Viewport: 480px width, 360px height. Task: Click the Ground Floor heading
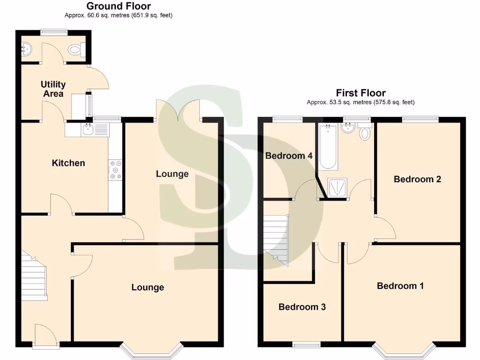(x=119, y=6)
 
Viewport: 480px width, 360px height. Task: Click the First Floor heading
(x=360, y=93)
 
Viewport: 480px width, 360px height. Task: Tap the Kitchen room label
(x=68, y=163)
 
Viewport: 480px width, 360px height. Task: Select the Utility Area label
(x=53, y=89)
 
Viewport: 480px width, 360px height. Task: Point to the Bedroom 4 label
(x=289, y=156)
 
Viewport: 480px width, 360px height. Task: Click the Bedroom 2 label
(x=417, y=179)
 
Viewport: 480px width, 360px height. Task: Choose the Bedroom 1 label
(x=400, y=285)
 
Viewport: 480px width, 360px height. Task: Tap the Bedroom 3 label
(x=302, y=307)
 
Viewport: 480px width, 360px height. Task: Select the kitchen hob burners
(x=115, y=170)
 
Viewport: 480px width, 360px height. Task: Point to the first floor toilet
(x=364, y=133)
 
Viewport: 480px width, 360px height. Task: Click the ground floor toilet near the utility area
(x=75, y=49)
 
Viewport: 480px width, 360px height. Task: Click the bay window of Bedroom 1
(x=404, y=351)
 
